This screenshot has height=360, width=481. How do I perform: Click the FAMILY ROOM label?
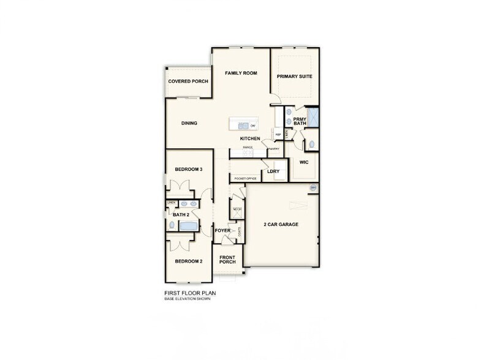[x=240, y=73]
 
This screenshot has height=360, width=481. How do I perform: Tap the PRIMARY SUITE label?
[x=295, y=76]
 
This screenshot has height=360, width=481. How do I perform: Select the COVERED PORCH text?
[x=188, y=81]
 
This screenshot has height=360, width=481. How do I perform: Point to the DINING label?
[x=189, y=123]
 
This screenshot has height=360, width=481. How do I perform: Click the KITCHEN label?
[x=250, y=138]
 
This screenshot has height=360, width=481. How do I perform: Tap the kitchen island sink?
[x=243, y=126]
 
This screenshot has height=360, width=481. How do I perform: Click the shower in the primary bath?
[x=312, y=116]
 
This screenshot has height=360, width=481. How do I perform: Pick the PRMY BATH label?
[x=300, y=121]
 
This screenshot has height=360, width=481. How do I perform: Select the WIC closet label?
[x=303, y=163]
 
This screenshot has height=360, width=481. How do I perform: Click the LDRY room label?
[x=273, y=171]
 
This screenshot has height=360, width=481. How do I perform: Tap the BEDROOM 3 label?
[x=189, y=169]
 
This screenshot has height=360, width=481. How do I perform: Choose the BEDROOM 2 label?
[x=189, y=261]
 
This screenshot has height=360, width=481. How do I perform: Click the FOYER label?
[x=222, y=230]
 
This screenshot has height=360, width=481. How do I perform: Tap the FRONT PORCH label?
[x=227, y=260]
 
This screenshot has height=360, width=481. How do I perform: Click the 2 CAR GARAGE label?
[x=281, y=225]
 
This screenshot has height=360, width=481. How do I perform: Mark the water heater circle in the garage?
[x=312, y=187]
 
